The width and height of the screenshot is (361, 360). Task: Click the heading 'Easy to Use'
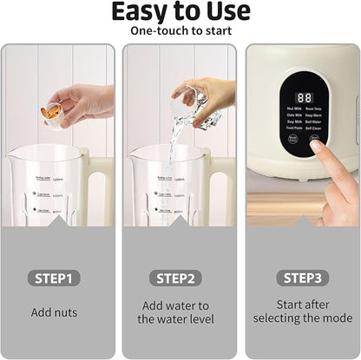pyautogui.click(x=180, y=12)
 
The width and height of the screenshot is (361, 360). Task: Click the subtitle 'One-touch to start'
pyautogui.click(x=180, y=31)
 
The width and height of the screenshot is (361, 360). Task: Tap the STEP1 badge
pyautogui.click(x=57, y=278)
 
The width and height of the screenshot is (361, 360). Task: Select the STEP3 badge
pyautogui.click(x=301, y=278)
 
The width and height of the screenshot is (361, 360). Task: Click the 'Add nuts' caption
pyautogui.click(x=57, y=312)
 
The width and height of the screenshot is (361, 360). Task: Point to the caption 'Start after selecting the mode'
pyautogui.click(x=301, y=312)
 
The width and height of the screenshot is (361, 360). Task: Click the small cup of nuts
pyautogui.click(x=52, y=113)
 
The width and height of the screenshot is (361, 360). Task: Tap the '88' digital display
pyautogui.click(x=304, y=98)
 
